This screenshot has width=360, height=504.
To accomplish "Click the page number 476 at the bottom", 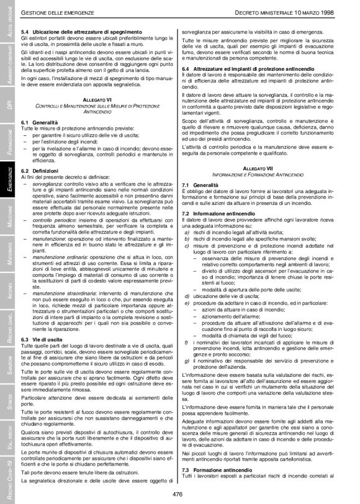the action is pos(179,493).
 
